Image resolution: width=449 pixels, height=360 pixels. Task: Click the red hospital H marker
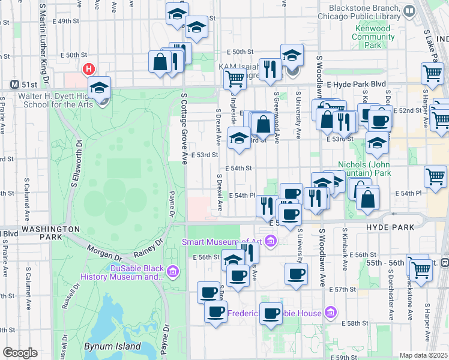pyautogui.click(x=89, y=70)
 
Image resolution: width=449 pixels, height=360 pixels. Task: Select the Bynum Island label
pyautogui.click(x=113, y=347)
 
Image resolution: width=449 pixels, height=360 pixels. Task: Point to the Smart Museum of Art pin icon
pyautogui.click(x=271, y=242)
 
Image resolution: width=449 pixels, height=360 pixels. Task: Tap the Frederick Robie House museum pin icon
pyautogui.click(x=330, y=312)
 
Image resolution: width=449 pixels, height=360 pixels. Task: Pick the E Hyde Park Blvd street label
pyautogui.click(x=354, y=86)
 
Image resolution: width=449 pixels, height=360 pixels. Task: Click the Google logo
pyautogui.click(x=20, y=353)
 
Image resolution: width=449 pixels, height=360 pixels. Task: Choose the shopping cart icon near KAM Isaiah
pyautogui.click(x=235, y=77)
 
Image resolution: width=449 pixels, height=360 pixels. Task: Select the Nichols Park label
pyautogui.click(x=364, y=169)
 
